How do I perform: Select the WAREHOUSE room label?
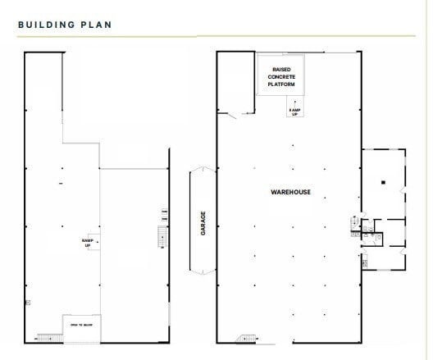point(290,192)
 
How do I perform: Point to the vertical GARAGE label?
point(203,222)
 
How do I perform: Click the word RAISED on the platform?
point(280,69)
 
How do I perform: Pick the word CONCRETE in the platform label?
point(280,76)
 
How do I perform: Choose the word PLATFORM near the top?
point(280,84)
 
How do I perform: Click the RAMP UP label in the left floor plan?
point(87,242)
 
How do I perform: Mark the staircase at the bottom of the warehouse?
point(245,339)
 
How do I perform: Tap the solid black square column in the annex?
point(381,181)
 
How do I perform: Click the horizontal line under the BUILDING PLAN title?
point(107,36)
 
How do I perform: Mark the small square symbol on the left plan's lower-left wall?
point(28,303)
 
